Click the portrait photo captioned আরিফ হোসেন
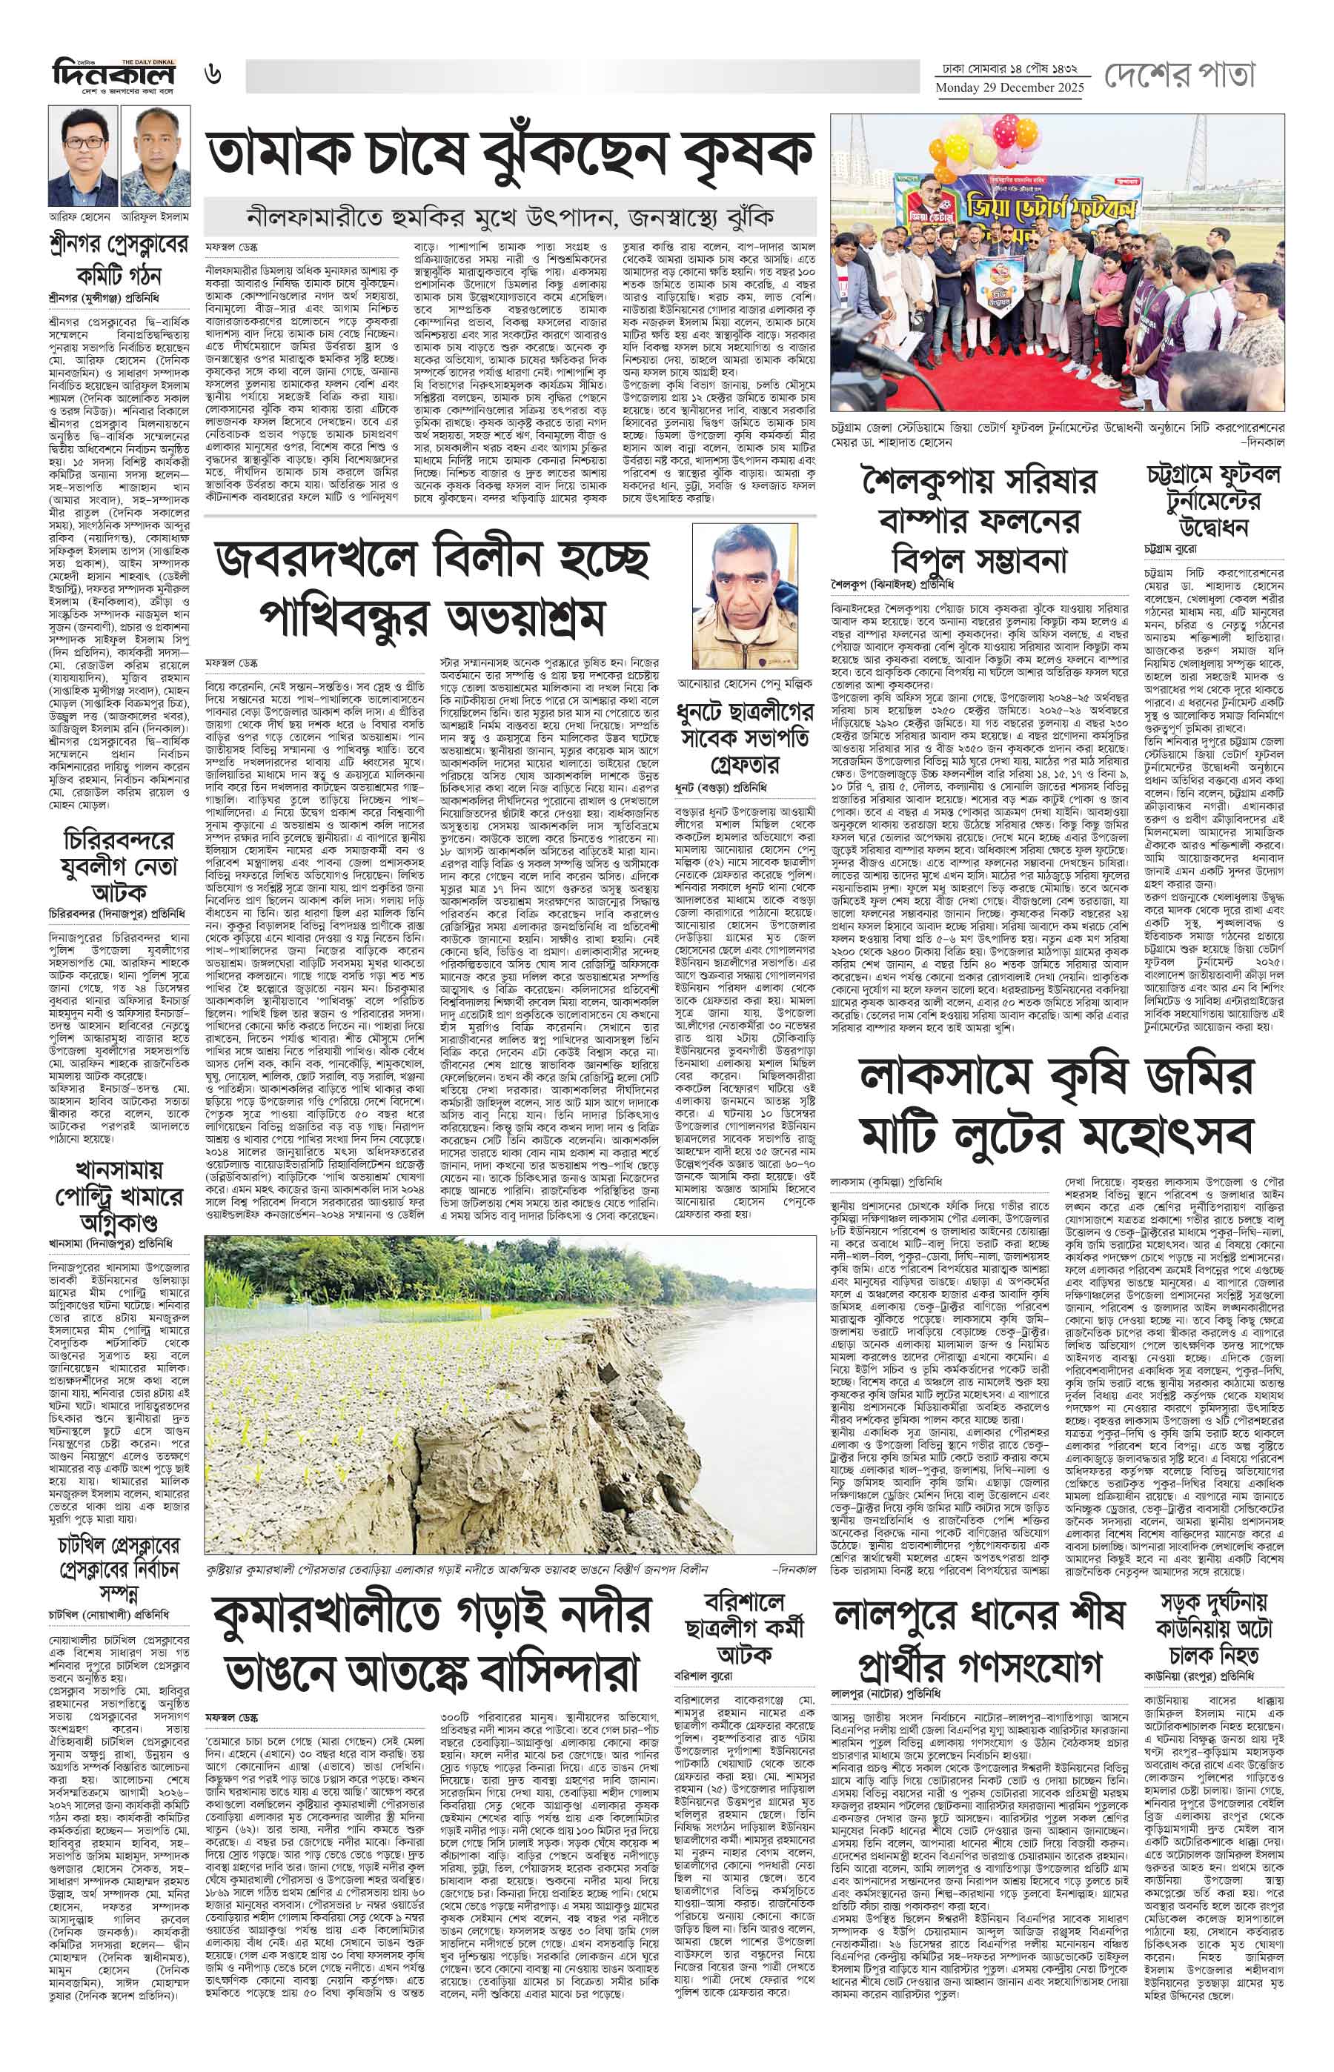pyautogui.click(x=83, y=156)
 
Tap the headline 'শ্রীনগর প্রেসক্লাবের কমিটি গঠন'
pyautogui.click(x=118, y=259)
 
